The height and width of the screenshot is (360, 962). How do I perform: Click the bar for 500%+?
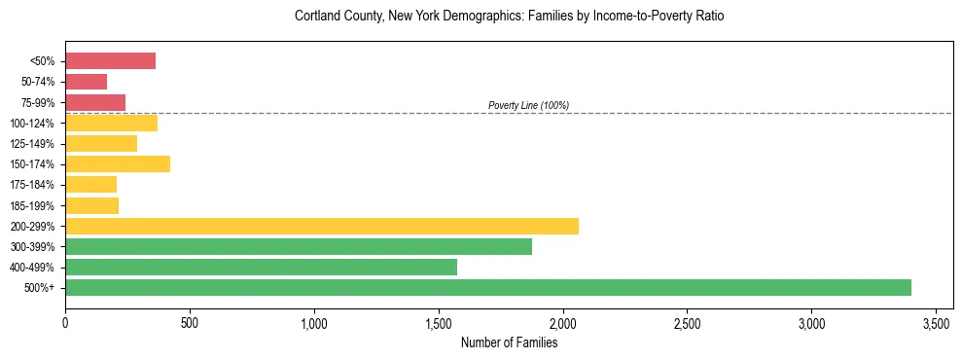pyautogui.click(x=487, y=287)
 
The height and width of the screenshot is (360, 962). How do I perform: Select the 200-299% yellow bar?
pyautogui.click(x=321, y=226)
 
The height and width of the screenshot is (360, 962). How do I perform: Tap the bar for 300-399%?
pyautogui.click(x=298, y=246)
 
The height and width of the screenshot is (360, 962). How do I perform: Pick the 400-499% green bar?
pyautogui.click(x=261, y=267)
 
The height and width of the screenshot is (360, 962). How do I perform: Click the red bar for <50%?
pyautogui.click(x=110, y=61)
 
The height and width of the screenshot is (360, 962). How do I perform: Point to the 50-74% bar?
pyautogui.click(x=86, y=82)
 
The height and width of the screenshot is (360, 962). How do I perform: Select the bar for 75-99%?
pyautogui.click(x=95, y=102)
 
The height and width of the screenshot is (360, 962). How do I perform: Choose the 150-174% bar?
pyautogui.click(x=118, y=163)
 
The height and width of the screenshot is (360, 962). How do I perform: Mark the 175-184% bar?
pyautogui.click(x=90, y=184)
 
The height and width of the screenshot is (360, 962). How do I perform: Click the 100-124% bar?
pyautogui.click(x=111, y=123)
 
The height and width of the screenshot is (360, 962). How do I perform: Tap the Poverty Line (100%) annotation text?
pyautogui.click(x=528, y=105)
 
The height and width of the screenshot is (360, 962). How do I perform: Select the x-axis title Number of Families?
pyautogui.click(x=509, y=342)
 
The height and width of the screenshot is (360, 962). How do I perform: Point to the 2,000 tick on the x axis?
pyautogui.click(x=562, y=322)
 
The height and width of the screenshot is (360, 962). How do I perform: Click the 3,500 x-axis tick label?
pyautogui.click(x=936, y=322)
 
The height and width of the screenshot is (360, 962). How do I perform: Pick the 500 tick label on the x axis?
pyautogui.click(x=190, y=322)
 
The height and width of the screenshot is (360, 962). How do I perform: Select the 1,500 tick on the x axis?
pyautogui.click(x=439, y=322)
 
